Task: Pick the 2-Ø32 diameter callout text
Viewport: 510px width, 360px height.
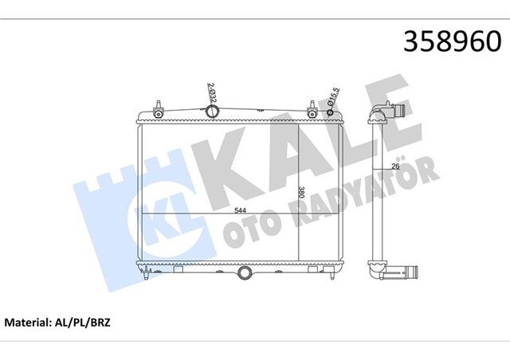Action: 210,95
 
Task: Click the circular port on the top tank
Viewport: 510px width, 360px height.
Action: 213,112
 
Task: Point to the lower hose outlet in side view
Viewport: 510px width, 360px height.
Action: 402,272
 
